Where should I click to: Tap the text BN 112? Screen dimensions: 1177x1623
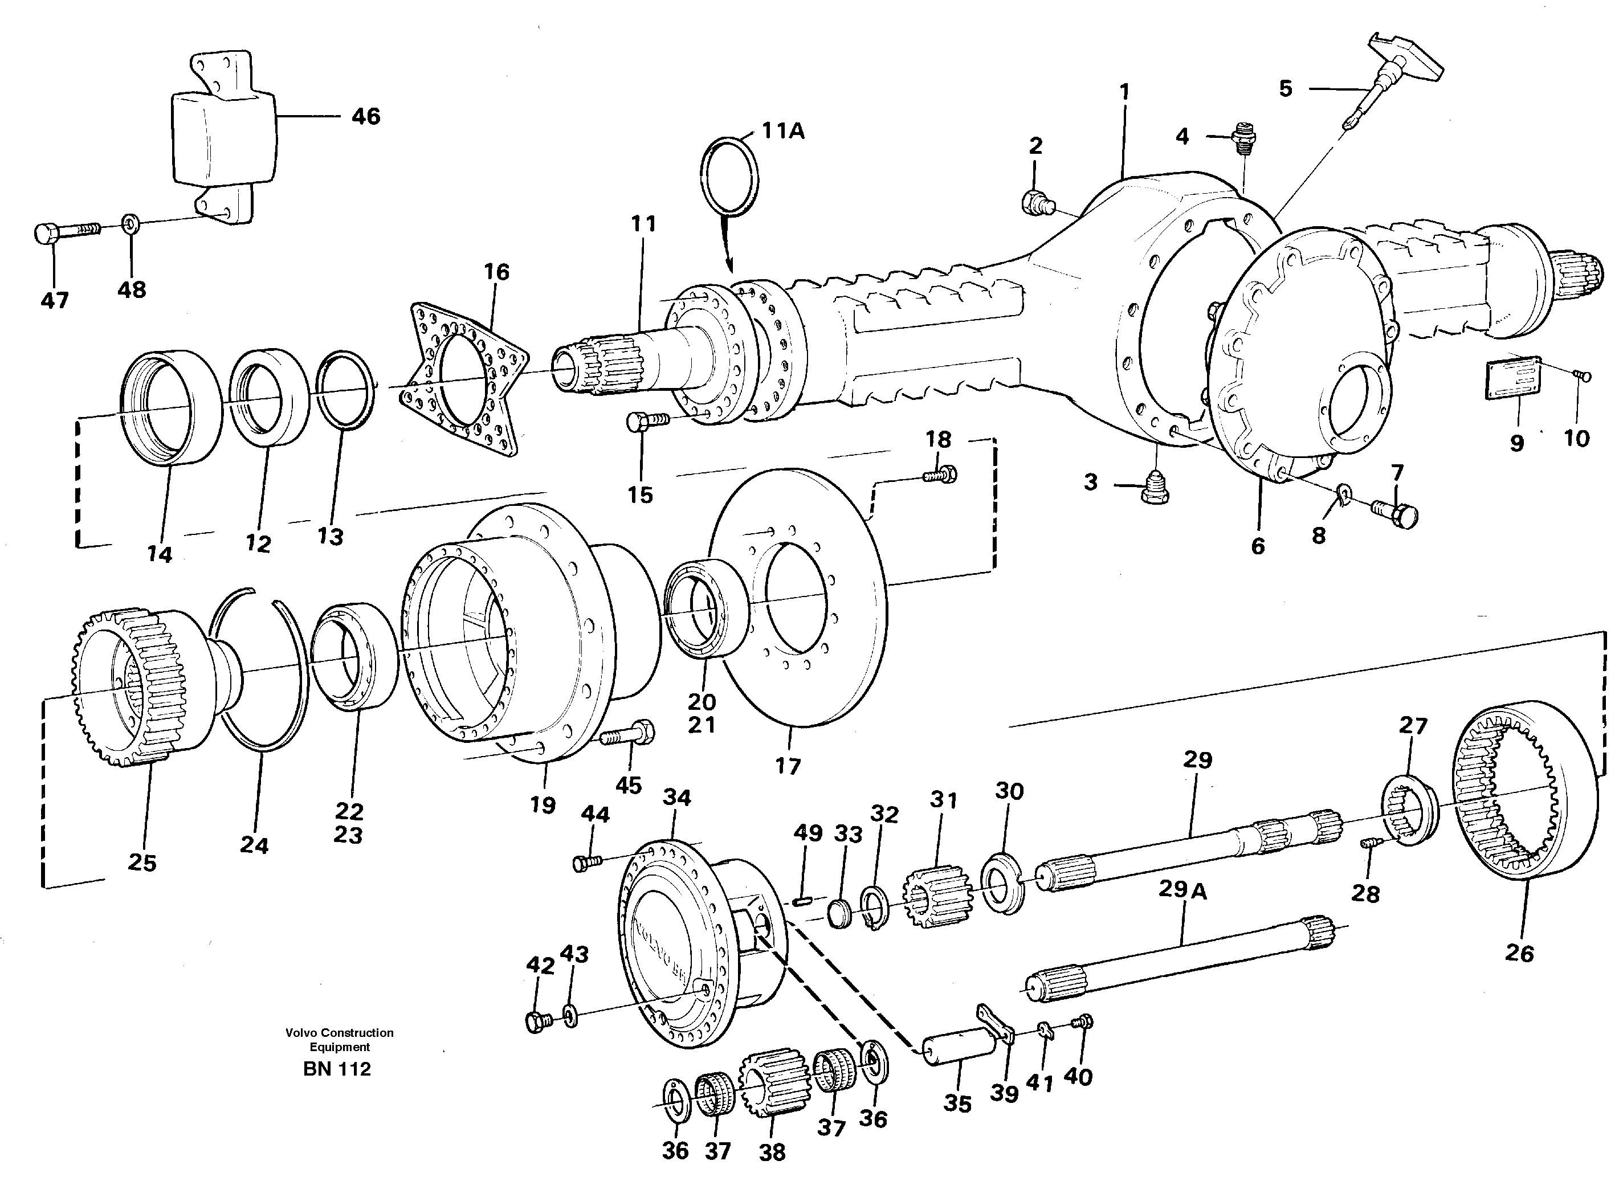336,1069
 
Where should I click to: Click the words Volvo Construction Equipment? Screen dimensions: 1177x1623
339,1040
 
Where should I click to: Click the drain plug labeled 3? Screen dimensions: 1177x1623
1156,490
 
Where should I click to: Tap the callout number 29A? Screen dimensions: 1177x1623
1182,889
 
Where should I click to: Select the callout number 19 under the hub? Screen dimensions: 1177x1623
543,805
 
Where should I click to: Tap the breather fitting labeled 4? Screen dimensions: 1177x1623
1245,136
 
